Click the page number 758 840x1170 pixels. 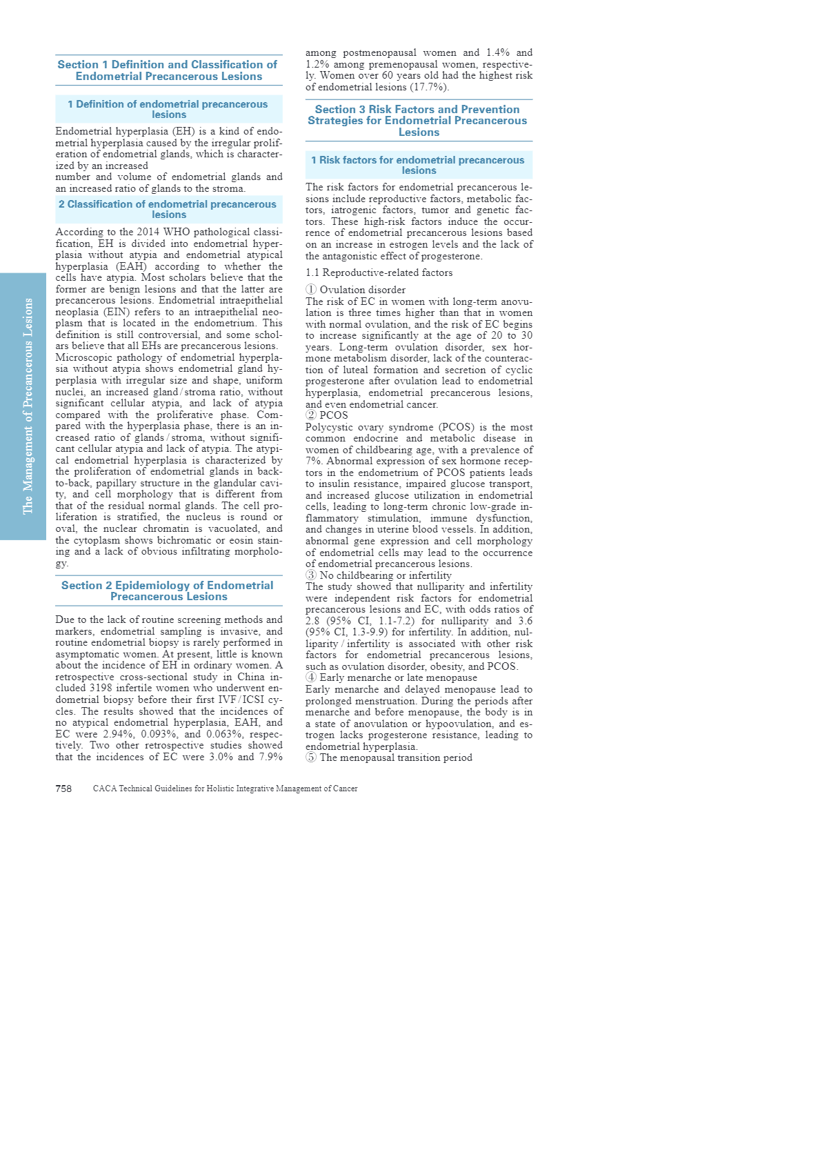point(63,789)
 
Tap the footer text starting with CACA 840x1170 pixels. point(225,789)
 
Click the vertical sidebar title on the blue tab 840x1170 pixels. point(28,406)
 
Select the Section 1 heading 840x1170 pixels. point(168,70)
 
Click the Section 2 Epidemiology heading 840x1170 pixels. point(168,591)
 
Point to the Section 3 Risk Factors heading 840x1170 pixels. point(418,120)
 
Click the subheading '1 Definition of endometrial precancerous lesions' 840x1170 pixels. point(168,109)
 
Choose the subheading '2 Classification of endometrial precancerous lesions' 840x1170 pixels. point(168,209)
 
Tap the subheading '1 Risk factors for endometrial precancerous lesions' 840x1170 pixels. point(418,165)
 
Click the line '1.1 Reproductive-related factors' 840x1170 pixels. point(379,272)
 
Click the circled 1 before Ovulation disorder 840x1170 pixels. point(311,290)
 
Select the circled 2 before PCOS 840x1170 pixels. point(311,415)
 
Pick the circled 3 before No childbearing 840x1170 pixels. point(311,575)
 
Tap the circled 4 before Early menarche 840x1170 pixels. point(311,677)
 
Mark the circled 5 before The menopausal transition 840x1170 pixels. point(311,757)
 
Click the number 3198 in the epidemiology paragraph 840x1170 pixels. point(101,688)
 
